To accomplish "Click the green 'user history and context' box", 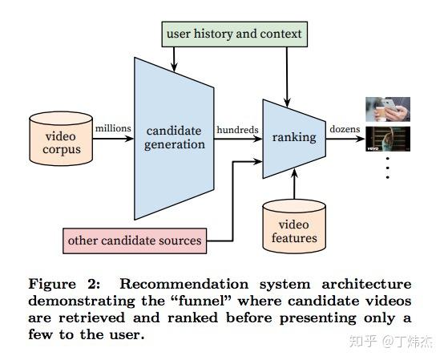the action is tap(235, 34).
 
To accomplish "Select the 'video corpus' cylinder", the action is tap(61, 139).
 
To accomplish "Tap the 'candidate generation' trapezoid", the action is tap(174, 139).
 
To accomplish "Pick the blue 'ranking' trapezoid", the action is tap(294, 139).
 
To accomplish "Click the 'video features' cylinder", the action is tap(294, 226).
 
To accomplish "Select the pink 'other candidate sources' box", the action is tap(135, 241).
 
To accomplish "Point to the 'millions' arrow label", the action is tap(113, 128).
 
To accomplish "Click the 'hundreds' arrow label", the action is tap(237, 130).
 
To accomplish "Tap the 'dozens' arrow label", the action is tap(345, 129).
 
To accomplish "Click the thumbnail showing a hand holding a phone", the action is tap(388, 109).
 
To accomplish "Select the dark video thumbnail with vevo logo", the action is tap(388, 139).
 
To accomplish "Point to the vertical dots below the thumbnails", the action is tap(387, 168).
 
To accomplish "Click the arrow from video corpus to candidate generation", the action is tap(113, 139).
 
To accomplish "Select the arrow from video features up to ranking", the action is tap(294, 184).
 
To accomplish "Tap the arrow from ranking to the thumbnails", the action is tap(345, 139).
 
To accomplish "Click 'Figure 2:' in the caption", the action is tap(64, 284).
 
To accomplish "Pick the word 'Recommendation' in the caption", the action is tap(184, 284).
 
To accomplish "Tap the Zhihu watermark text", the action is tap(391, 342).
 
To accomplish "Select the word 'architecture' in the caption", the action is tap(367, 284).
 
